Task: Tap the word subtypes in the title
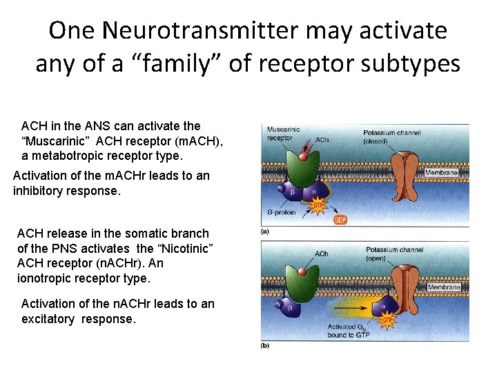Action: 413,63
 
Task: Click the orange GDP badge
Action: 340,220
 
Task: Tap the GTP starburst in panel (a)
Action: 318,205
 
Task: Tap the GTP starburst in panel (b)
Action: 389,319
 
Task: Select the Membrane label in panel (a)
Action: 441,172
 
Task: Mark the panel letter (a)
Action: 264,231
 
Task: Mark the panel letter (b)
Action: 265,345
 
